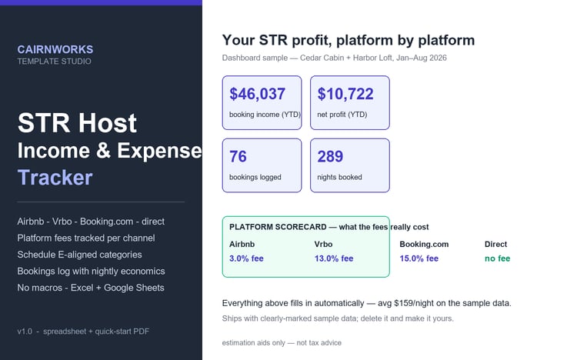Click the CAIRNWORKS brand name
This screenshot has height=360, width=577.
pos(55,49)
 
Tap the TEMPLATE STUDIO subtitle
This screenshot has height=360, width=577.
pos(54,62)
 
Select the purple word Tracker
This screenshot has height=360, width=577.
pos(55,178)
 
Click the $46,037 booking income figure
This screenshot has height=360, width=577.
pos(257,94)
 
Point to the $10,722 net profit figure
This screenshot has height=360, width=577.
pos(345,94)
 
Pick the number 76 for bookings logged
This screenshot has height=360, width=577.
pos(238,156)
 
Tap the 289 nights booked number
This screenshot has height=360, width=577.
pos(330,156)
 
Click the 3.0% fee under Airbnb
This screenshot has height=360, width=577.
pos(246,258)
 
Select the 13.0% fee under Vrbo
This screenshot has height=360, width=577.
pos(334,258)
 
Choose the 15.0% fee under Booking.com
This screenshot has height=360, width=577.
pos(419,258)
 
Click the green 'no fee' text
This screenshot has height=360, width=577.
pos(497,258)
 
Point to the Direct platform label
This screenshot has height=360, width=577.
pos(495,244)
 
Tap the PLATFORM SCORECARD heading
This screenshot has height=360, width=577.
pos(278,227)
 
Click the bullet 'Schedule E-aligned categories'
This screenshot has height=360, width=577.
pos(79,255)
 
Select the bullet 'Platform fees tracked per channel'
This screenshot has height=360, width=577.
pos(86,238)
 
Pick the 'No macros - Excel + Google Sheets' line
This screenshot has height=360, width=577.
pos(91,288)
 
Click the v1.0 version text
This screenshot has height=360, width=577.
pos(25,332)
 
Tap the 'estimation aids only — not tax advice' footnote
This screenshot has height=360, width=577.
pos(282,343)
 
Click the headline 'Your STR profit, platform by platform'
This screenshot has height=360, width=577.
pos(348,40)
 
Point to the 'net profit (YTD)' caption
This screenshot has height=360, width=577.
pos(342,115)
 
